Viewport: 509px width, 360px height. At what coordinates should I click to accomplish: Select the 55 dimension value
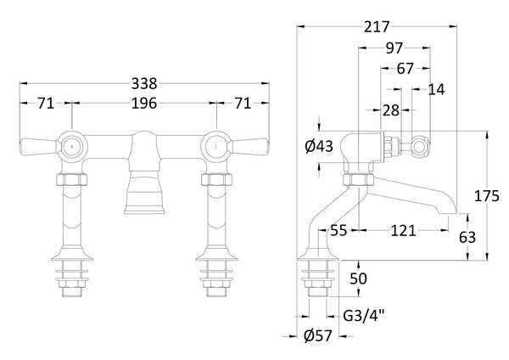(339, 231)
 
